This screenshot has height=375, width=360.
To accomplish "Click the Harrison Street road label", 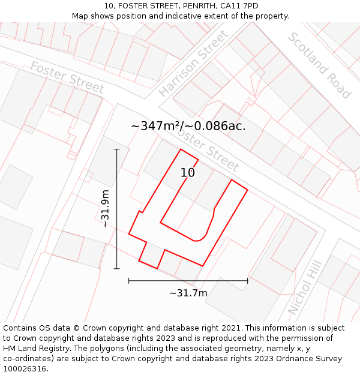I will coord(194,63).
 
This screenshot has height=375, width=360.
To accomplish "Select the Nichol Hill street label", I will coord(305,287).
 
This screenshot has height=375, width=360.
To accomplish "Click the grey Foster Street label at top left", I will coord(67,77).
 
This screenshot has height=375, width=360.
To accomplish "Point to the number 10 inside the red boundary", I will coord(188,173).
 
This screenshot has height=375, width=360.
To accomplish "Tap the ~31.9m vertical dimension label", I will coord(106,208).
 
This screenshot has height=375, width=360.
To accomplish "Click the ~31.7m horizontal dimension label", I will coord(188,293).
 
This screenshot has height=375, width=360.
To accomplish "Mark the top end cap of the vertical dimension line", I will coord(117,149).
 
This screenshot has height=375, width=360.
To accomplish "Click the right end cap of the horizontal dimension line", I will coord(247,280).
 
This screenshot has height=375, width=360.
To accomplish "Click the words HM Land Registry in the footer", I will coord(34,349).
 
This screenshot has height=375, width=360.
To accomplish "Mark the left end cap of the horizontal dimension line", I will coord(129,280).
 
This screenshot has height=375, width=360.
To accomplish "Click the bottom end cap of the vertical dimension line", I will coord(117,268).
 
